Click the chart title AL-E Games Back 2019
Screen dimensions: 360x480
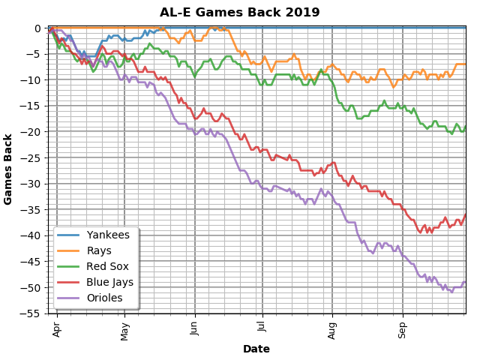tap(239, 12)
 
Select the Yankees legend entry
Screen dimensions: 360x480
tap(108, 235)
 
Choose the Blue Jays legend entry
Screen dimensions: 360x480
tap(110, 282)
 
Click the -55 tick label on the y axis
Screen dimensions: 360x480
tap(34, 313)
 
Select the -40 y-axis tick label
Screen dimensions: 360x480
tap(34, 235)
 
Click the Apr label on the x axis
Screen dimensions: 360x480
tap(57, 329)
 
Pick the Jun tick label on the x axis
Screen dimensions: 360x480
tap(195, 329)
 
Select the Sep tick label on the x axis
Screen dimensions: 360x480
tap(403, 329)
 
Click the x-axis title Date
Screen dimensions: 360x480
tap(256, 349)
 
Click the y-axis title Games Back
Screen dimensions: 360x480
tap(8, 169)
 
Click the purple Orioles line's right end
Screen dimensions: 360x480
tap(466, 282)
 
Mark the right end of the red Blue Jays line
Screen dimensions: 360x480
tap(466, 214)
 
